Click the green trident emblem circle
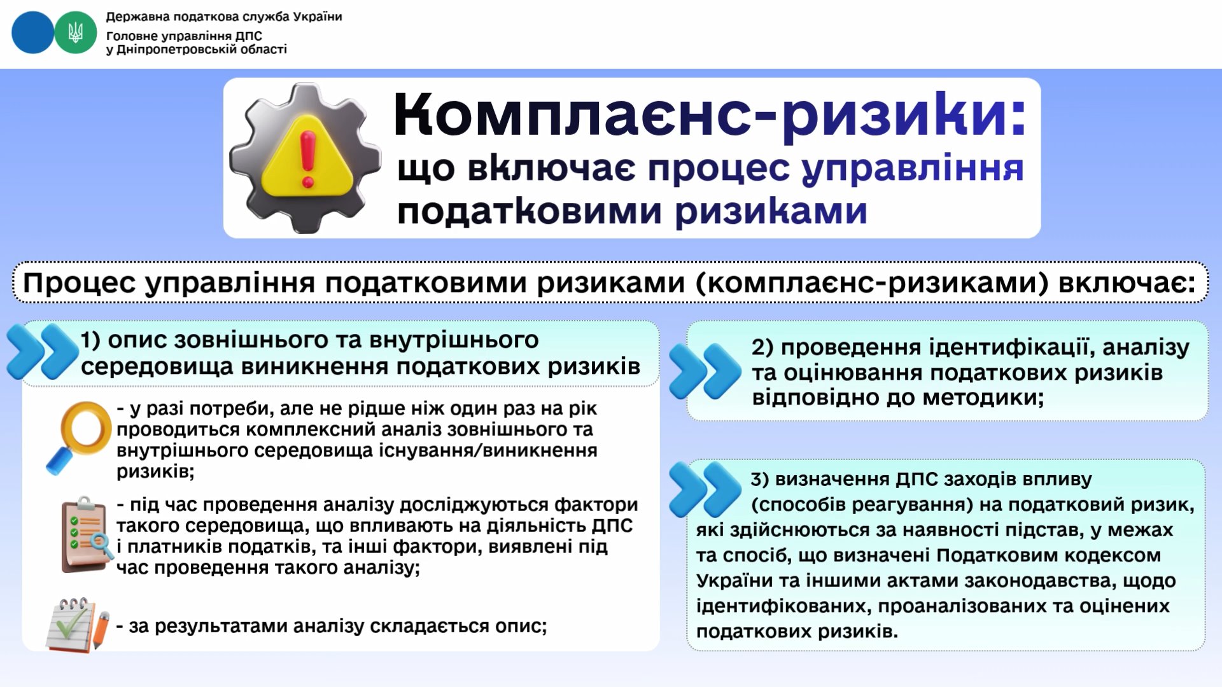(x=76, y=32)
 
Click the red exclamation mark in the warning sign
(x=308, y=160)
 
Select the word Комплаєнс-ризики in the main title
(x=710, y=114)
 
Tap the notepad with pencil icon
(x=78, y=625)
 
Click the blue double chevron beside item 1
(x=42, y=352)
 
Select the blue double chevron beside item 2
(x=705, y=371)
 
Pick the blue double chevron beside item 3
(x=705, y=489)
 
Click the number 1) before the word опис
(x=90, y=340)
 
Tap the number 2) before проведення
(x=762, y=347)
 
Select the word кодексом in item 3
(x=1113, y=555)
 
